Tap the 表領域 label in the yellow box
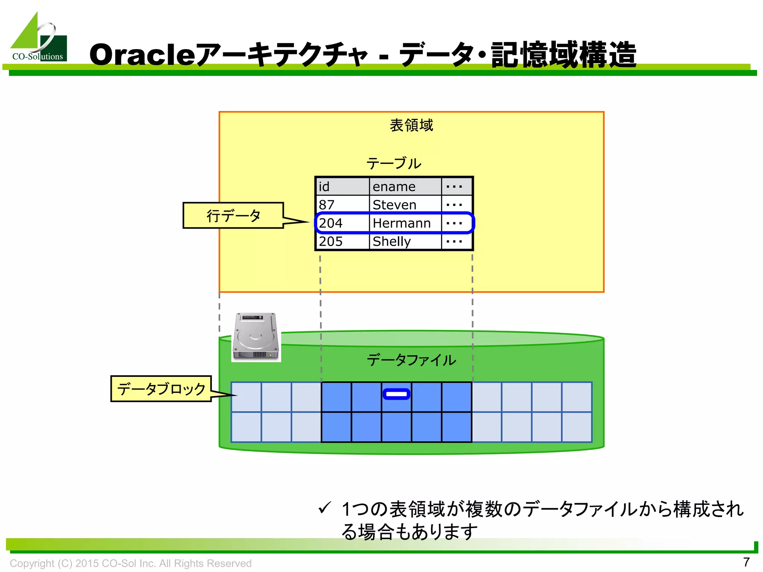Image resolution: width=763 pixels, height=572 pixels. (x=411, y=125)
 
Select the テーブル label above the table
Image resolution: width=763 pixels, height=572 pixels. (x=394, y=163)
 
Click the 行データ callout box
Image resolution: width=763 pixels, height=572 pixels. (x=234, y=216)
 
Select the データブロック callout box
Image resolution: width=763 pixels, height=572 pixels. (x=161, y=389)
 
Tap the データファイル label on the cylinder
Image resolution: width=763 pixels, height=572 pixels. (x=411, y=360)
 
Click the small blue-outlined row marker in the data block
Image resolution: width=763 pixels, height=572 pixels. (x=396, y=394)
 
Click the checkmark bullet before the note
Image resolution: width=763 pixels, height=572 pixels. (x=324, y=508)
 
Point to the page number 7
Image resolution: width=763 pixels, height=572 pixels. (x=746, y=562)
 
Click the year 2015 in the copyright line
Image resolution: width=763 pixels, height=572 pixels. (x=87, y=563)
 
